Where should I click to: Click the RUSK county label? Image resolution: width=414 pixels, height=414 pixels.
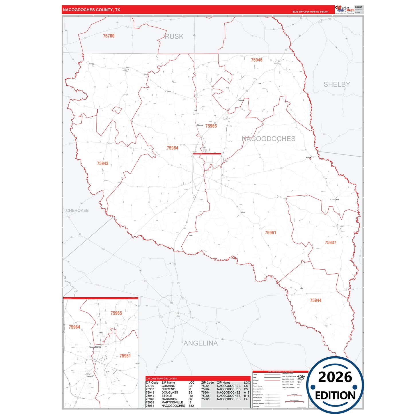[x=174, y=36]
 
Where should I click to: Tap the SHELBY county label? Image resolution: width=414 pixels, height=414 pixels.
[x=337, y=84]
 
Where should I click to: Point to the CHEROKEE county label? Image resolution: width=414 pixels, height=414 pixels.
[x=77, y=210]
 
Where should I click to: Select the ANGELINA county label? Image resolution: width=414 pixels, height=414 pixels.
[x=201, y=343]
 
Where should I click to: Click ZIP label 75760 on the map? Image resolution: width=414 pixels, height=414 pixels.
[x=109, y=36]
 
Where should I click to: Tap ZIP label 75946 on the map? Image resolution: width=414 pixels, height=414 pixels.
[x=256, y=60]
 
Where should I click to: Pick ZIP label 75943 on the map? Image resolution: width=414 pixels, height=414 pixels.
[x=103, y=163]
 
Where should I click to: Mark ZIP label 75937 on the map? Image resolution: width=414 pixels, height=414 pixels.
[x=330, y=242]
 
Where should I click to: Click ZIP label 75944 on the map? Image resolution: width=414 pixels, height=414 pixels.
[x=315, y=300]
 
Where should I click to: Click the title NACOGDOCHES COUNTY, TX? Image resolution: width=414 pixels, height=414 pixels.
[x=91, y=10]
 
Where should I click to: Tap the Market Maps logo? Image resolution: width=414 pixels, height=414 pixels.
[x=345, y=9]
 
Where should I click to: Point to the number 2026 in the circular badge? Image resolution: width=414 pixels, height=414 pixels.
[x=335, y=377]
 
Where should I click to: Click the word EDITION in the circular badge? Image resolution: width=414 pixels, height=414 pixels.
[x=335, y=396]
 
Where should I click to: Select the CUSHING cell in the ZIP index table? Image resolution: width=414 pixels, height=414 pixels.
[x=168, y=386]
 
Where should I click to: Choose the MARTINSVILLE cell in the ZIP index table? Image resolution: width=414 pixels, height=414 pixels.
[x=172, y=402]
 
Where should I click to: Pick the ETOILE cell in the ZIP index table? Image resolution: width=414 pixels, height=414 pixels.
[x=167, y=396]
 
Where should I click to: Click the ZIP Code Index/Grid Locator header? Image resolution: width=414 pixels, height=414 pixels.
[x=161, y=378]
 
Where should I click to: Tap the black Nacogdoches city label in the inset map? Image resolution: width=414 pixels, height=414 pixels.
[x=95, y=347]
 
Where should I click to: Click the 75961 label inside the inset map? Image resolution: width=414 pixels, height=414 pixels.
[x=125, y=356]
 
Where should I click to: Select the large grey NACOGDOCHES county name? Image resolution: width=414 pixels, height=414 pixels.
[x=268, y=139]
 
